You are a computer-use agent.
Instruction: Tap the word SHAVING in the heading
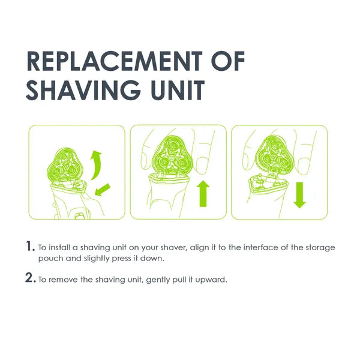(85, 91)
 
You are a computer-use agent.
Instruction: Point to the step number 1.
(29, 246)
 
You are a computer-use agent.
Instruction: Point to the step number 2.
(30, 279)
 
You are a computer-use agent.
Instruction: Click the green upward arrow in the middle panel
(203, 194)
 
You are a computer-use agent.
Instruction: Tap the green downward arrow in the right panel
(300, 194)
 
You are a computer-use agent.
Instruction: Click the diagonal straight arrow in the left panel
(103, 190)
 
